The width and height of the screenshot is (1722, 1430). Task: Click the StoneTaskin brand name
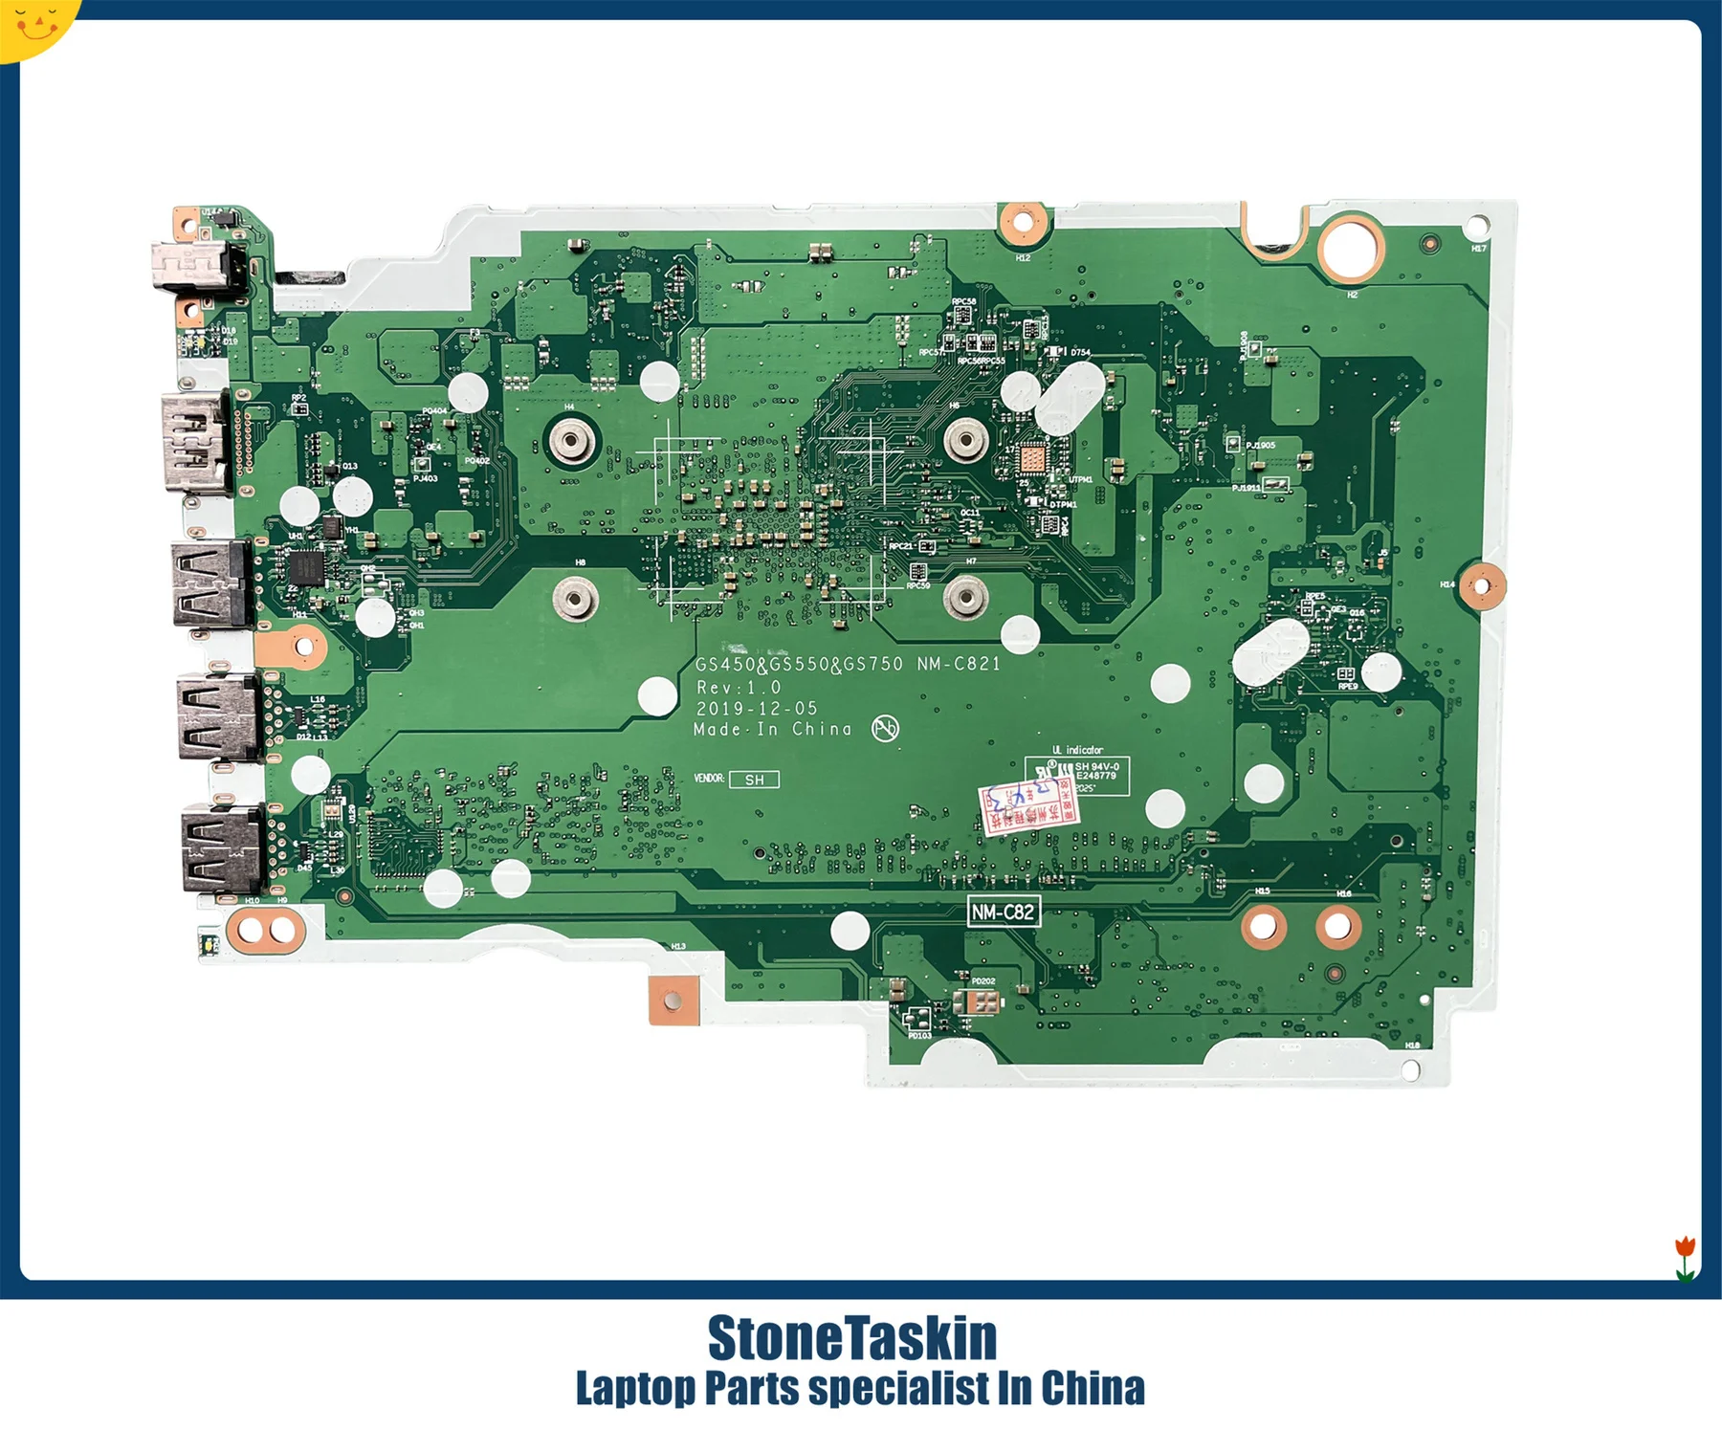click(x=851, y=1338)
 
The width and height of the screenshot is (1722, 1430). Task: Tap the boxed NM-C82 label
click(x=1003, y=912)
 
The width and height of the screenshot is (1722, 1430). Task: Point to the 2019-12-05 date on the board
click(x=757, y=709)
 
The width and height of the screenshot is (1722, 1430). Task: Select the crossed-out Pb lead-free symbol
click(x=885, y=730)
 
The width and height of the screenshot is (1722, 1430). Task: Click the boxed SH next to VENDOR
click(x=754, y=780)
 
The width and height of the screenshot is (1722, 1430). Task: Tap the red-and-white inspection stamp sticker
click(x=1029, y=806)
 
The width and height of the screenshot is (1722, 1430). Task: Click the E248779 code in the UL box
click(x=1096, y=776)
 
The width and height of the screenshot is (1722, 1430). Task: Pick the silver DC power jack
click(x=196, y=262)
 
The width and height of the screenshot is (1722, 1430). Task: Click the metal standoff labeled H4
click(x=570, y=441)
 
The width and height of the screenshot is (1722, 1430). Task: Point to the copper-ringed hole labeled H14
click(x=1481, y=584)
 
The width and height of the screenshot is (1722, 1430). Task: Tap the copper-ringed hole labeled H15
click(x=1263, y=925)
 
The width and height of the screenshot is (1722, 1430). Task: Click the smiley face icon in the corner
click(x=34, y=24)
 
